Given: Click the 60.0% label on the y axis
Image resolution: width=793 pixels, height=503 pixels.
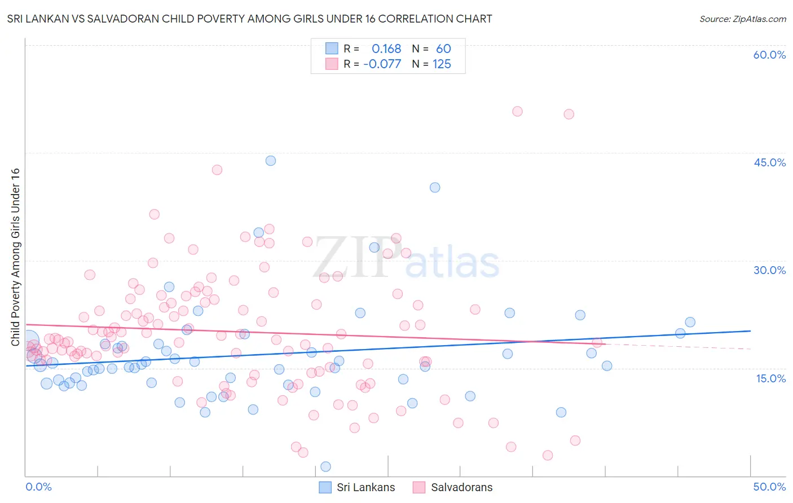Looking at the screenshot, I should click(769, 55).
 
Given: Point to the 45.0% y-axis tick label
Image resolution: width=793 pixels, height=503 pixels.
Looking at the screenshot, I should click(769, 162).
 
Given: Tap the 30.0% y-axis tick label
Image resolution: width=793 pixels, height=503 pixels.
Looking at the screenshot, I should click(769, 270).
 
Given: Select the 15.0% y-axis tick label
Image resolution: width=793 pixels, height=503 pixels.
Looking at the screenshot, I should click(770, 378).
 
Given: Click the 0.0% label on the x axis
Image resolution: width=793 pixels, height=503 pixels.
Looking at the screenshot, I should click(38, 487).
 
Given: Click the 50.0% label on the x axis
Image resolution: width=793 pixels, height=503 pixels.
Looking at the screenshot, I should click(769, 487).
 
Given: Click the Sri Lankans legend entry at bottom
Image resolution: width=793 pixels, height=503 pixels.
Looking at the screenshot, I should click(357, 487).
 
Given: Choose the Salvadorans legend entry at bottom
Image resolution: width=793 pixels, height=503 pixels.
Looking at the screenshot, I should click(452, 487).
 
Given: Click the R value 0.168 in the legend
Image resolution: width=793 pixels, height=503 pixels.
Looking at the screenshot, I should click(386, 49).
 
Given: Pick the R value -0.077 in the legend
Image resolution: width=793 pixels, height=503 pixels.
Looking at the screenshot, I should click(382, 64).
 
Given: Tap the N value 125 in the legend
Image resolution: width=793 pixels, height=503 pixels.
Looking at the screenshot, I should click(442, 64).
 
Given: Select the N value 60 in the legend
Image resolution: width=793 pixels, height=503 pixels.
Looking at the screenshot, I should click(443, 49).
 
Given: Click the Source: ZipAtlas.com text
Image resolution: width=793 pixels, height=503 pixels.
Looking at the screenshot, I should click(742, 19).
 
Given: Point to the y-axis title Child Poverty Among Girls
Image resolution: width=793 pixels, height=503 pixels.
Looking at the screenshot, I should click(15, 257).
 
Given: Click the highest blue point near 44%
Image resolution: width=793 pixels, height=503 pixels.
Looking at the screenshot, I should click(271, 161).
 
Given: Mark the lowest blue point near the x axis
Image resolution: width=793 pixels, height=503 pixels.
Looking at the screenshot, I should click(325, 466).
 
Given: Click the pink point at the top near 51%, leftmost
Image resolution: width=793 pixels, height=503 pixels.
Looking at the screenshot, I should click(517, 112).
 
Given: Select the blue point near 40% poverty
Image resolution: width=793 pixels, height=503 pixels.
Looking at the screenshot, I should click(435, 188).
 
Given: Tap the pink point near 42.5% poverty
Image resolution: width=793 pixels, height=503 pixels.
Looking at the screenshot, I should click(217, 170).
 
